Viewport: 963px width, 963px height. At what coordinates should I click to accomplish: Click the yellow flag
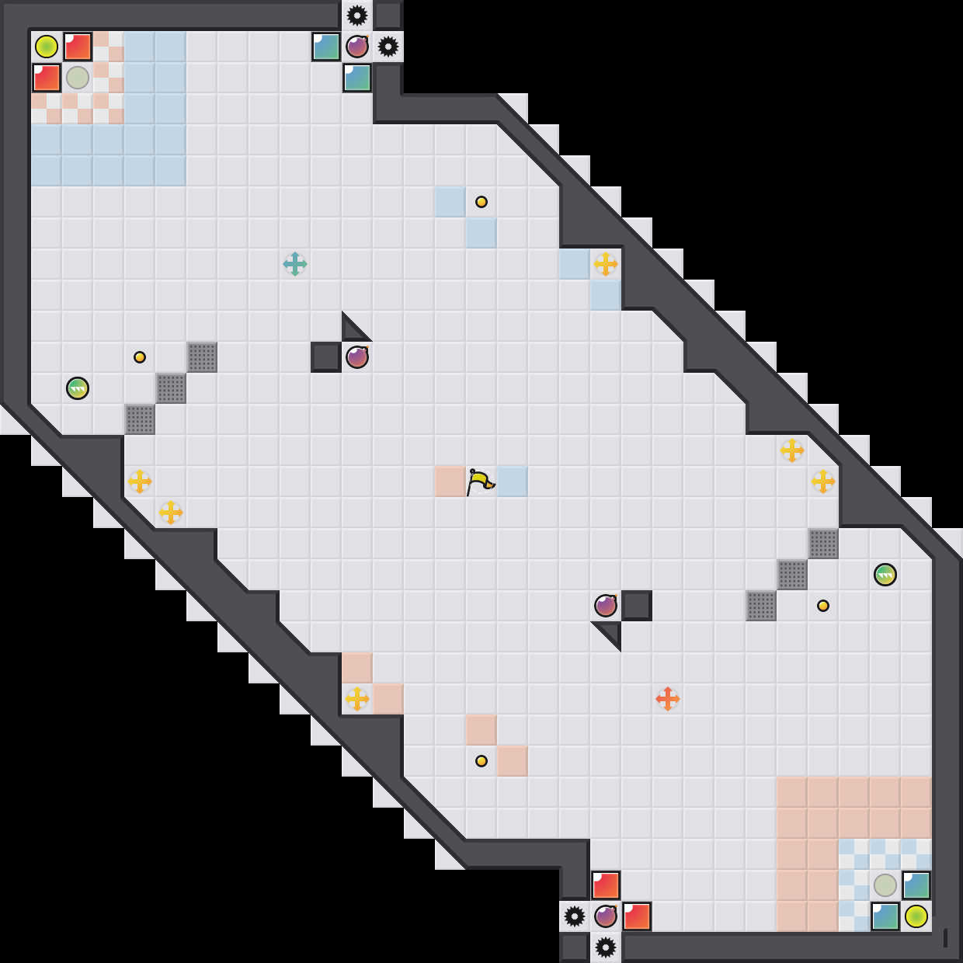[480, 481]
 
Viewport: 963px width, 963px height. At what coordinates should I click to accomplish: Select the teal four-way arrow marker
[295, 264]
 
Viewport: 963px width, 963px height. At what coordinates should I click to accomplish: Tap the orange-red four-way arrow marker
[668, 699]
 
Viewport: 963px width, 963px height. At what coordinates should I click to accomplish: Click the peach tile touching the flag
[450, 481]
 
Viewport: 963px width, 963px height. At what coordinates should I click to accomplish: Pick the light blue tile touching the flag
[513, 481]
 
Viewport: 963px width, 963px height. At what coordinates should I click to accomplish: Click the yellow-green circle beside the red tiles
[47, 47]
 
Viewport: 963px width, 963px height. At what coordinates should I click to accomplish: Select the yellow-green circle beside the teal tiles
[916, 916]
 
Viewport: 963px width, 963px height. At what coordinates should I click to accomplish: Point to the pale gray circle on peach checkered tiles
[78, 78]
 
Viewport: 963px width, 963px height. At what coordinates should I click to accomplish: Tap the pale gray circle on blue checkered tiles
[885, 885]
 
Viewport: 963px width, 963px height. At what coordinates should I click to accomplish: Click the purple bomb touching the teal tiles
[357, 47]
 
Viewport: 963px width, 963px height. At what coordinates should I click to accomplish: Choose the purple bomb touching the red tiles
[606, 916]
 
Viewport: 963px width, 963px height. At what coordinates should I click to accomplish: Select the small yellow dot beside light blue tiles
[481, 202]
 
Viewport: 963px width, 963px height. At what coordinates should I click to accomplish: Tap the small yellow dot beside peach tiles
[481, 761]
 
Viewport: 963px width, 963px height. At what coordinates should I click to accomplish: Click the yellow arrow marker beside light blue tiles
[606, 264]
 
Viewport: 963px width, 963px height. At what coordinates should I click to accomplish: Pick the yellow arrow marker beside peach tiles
[357, 699]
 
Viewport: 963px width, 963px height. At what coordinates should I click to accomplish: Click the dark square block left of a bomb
[326, 357]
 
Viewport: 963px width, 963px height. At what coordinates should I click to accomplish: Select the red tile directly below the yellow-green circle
[47, 78]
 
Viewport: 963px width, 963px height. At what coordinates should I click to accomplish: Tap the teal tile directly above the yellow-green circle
[916, 885]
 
